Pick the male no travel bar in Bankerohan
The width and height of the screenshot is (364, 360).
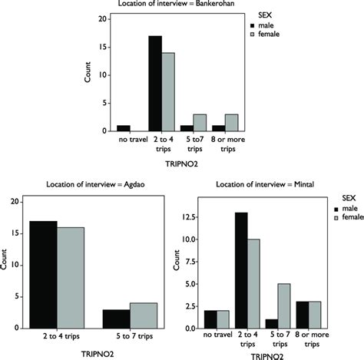tap(124, 128)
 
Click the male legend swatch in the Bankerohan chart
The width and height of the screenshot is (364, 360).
tap(253, 25)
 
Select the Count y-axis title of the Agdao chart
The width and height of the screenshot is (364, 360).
tap(10, 266)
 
